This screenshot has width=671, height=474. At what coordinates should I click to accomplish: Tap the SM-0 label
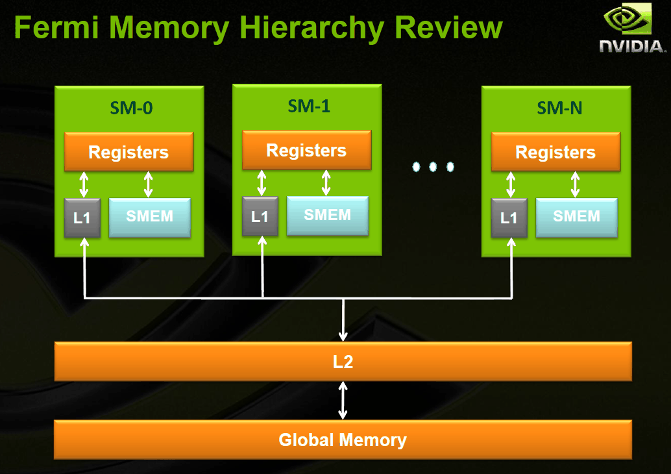click(128, 108)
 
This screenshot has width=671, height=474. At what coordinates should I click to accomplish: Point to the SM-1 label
click(307, 106)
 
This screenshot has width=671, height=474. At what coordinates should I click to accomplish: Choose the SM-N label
click(556, 108)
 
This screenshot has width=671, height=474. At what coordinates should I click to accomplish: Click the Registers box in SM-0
click(128, 152)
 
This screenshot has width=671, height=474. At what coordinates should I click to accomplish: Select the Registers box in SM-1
click(307, 150)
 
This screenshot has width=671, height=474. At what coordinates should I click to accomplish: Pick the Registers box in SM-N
click(556, 152)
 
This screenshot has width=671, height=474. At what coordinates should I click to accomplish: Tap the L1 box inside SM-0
click(82, 218)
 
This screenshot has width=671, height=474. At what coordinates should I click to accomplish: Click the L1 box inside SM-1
click(260, 216)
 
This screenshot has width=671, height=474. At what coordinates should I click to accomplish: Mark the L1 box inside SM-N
click(509, 218)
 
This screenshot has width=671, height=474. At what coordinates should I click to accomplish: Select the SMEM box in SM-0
click(150, 217)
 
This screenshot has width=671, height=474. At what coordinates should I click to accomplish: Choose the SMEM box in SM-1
click(328, 215)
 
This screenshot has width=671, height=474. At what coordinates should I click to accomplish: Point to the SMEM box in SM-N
click(577, 217)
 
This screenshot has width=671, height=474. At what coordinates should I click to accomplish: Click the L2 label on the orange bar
click(343, 362)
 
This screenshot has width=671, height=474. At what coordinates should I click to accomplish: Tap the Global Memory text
click(343, 440)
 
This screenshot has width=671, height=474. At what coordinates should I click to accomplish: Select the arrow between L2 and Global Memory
click(343, 400)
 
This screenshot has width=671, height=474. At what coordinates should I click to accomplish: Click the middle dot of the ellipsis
click(433, 167)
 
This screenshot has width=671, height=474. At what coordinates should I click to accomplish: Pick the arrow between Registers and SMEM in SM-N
click(575, 184)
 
